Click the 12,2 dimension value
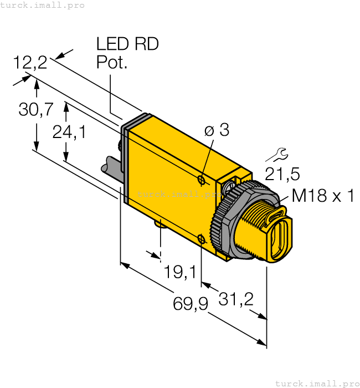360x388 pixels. pyautogui.click(x=30, y=63)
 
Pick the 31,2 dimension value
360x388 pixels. pyautogui.click(x=236, y=299)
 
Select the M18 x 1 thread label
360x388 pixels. pyautogui.click(x=322, y=195)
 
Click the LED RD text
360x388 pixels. pyautogui.click(x=127, y=44)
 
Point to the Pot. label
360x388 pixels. pyautogui.click(x=112, y=62)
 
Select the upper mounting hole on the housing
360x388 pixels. pyautogui.click(x=202, y=179)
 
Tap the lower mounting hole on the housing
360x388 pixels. pyautogui.click(x=202, y=240)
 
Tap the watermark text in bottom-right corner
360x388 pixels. pyautogui.click(x=317, y=383)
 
